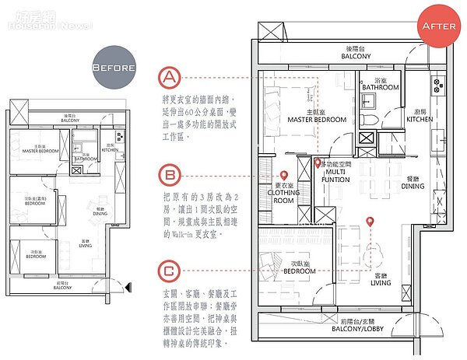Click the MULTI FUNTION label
pos(336,175)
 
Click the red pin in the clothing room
pos(284,176)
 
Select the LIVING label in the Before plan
pos(88,244)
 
